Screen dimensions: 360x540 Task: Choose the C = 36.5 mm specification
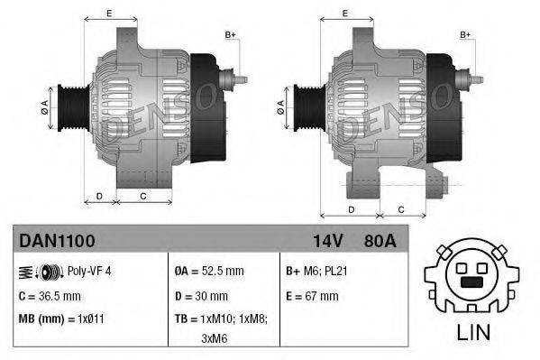pos(50,296)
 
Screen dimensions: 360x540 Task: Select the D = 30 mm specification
pos(203,296)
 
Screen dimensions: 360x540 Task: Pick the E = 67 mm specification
pos(311,296)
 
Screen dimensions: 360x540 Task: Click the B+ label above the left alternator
pos(230,34)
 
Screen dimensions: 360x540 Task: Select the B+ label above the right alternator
pos(466,34)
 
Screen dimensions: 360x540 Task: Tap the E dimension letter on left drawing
pos(109,14)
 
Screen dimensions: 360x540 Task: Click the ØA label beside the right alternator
pos(281,105)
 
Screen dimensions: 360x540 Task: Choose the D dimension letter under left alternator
pos(99,195)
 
